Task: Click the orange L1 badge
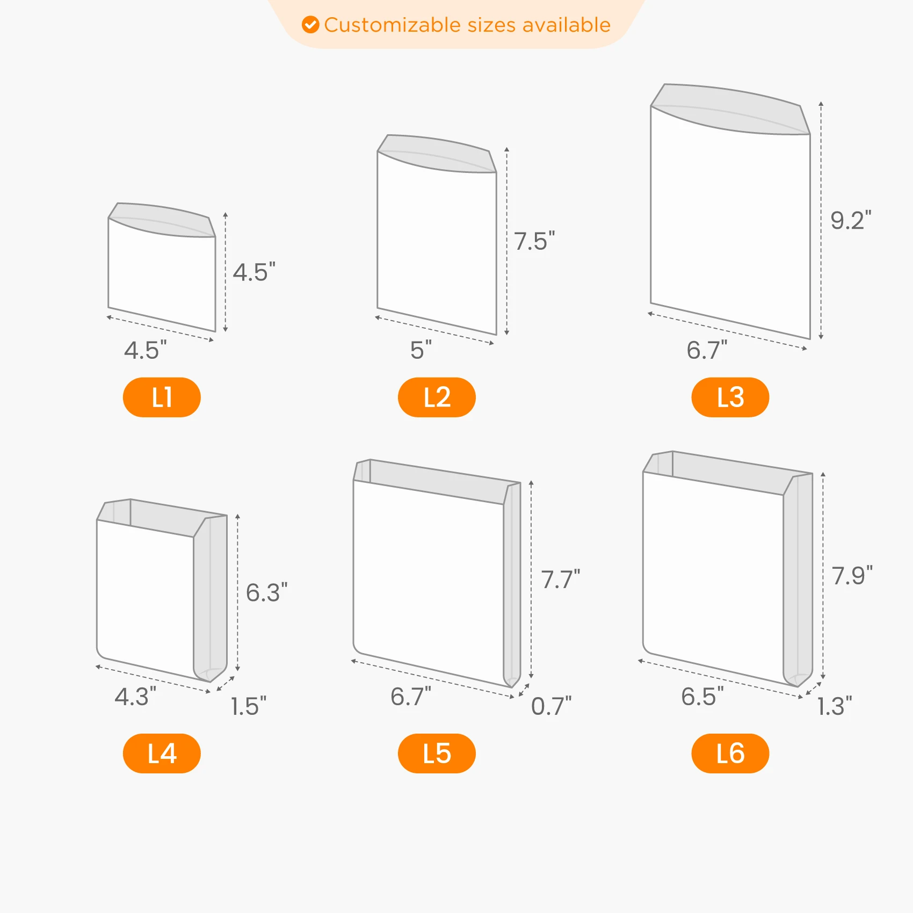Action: (x=162, y=397)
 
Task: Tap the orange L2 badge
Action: (x=437, y=397)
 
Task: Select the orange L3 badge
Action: (x=730, y=397)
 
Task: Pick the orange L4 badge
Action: (x=162, y=753)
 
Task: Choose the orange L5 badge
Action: (x=437, y=753)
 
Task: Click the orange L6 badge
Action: (x=730, y=753)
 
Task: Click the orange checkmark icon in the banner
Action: (x=310, y=25)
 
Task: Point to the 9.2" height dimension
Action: (x=851, y=221)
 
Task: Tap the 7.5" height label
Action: (x=534, y=241)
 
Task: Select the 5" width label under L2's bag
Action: (x=421, y=350)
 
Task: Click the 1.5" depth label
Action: (x=248, y=706)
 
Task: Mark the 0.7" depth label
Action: (x=552, y=706)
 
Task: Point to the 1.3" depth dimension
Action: (x=835, y=706)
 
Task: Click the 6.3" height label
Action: (x=267, y=593)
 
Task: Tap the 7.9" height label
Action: (x=852, y=576)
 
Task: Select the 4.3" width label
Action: (x=135, y=697)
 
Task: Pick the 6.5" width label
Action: (x=702, y=697)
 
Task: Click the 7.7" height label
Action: (x=561, y=580)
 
